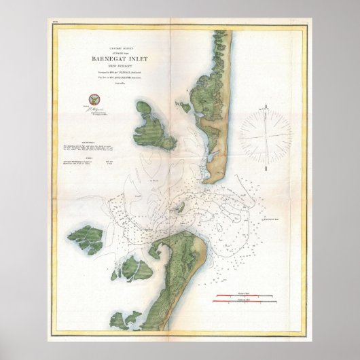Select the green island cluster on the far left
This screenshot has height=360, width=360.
point(86,239)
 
